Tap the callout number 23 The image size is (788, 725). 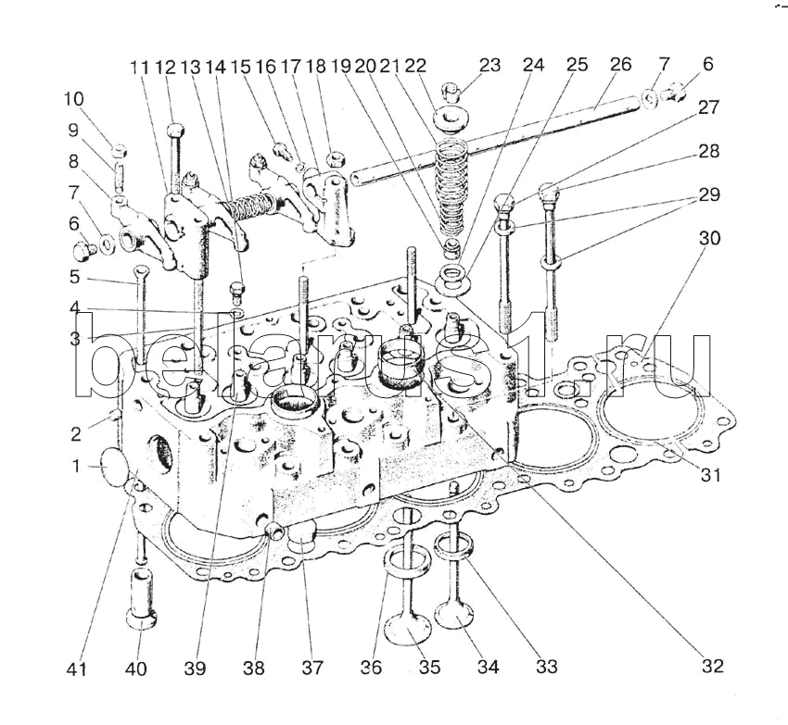click(489, 65)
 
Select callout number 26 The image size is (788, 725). click(621, 65)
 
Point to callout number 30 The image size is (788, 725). click(709, 237)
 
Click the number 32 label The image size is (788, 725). click(713, 666)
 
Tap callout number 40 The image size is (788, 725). click(136, 669)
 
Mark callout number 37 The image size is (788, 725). click(312, 668)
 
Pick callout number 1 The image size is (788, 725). click(77, 467)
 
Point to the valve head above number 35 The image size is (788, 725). click(408, 630)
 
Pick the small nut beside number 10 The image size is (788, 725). click(120, 150)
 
